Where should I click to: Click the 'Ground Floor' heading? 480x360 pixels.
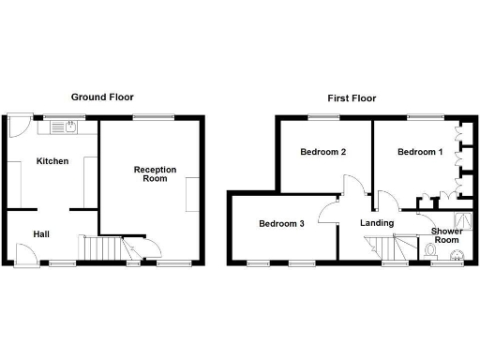(104, 97)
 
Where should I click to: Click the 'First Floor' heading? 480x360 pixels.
(352, 97)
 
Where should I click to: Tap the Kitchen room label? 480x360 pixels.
(52, 161)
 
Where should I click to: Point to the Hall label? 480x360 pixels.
(42, 234)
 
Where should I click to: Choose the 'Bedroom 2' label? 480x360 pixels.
(323, 152)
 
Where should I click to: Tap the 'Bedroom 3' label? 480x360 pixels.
(282, 224)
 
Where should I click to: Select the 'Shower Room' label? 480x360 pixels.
(446, 235)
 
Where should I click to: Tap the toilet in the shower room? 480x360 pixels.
(430, 250)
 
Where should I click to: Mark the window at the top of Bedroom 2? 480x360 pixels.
(322, 117)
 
